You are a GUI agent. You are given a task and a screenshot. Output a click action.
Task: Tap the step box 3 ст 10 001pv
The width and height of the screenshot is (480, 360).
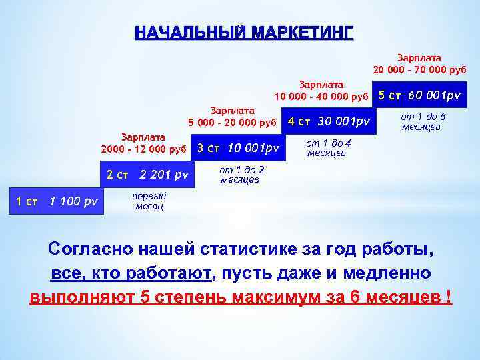pos(238,147)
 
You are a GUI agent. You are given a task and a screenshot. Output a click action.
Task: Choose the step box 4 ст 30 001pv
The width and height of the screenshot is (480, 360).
pos(329,121)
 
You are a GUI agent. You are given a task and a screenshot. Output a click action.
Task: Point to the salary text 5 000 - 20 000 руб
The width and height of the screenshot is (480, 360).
pos(232,122)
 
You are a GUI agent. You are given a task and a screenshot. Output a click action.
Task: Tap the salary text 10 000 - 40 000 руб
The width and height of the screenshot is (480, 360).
pos(321,97)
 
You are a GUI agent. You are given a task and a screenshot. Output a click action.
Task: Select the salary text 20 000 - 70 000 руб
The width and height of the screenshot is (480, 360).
pos(419,69)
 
